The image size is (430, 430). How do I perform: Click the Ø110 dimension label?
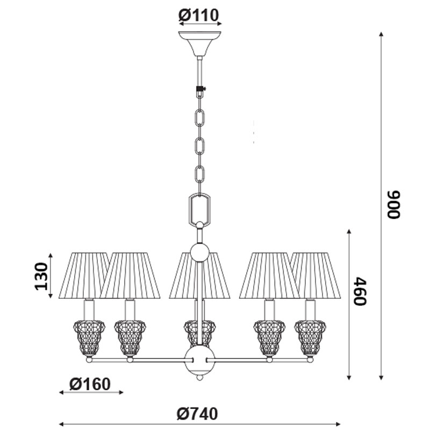point(198,15)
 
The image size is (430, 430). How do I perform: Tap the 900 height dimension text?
point(393,204)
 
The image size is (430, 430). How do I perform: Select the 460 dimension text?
point(360,291)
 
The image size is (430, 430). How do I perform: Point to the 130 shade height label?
point(41,276)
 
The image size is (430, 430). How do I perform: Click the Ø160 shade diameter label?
point(90,384)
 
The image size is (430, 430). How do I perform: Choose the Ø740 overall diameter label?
point(197,414)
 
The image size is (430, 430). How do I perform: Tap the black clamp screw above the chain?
point(201,88)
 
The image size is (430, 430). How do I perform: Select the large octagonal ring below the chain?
point(199,209)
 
